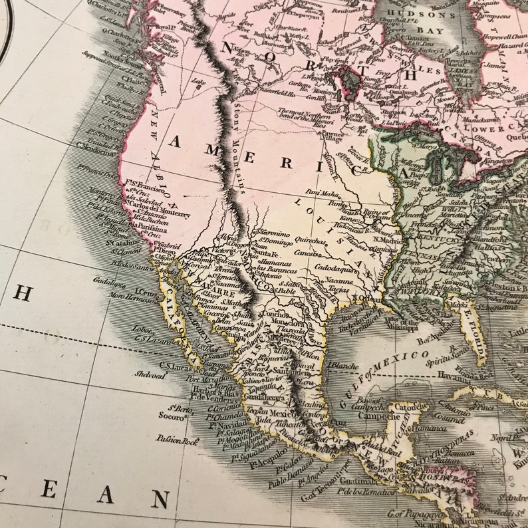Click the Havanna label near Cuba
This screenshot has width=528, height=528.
(453, 375)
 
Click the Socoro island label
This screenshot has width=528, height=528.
(171, 417)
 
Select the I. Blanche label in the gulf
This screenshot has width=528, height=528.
(343, 365)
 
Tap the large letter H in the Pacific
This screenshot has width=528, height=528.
(22, 293)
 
